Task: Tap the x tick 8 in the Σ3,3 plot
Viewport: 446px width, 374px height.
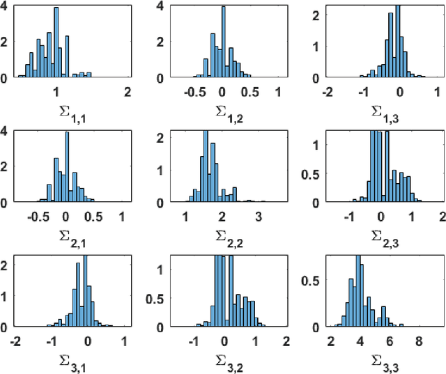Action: [x=419, y=341]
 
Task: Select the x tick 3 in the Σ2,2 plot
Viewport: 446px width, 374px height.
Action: [x=258, y=217]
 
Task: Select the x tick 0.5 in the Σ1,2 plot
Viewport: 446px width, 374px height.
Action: [x=250, y=91]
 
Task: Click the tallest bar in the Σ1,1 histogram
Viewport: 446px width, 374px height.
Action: [x=56, y=42]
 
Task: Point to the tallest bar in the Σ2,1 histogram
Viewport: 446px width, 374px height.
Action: [x=66, y=167]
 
